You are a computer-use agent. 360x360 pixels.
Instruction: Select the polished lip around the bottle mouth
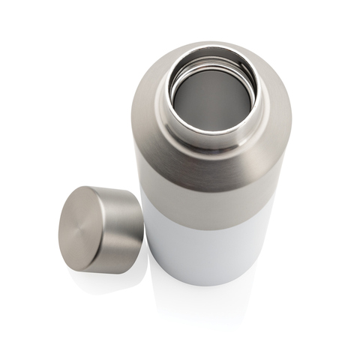click(212, 131)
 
